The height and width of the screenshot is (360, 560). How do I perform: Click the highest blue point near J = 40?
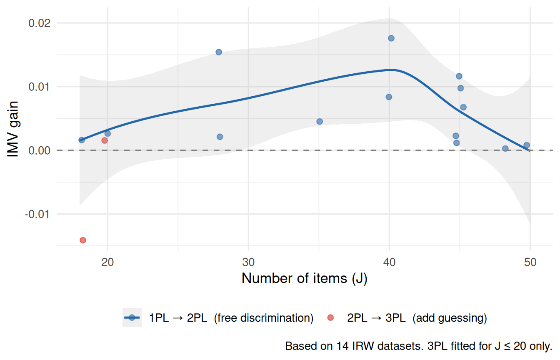[391, 38]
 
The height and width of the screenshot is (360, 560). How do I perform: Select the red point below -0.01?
[83, 240]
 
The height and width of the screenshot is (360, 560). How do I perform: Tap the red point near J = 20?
[105, 140]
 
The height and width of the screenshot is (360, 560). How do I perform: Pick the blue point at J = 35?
[320, 122]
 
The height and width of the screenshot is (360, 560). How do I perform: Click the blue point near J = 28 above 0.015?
[219, 52]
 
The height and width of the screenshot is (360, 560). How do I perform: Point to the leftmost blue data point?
[82, 140]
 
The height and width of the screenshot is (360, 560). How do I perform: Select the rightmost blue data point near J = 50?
[527, 145]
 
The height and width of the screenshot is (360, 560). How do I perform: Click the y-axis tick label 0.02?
[40, 23]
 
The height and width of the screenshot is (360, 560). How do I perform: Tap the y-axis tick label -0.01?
[37, 214]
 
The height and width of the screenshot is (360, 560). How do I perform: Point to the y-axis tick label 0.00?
[40, 150]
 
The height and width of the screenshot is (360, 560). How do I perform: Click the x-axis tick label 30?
[248, 262]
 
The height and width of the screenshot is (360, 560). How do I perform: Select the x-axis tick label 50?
[530, 262]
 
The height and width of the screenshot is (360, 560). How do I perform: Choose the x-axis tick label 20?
[107, 262]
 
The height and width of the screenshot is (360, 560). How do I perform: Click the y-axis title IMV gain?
[13, 129]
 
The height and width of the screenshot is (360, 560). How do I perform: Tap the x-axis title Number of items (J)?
[305, 278]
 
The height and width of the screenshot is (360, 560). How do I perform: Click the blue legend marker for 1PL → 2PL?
[132, 318]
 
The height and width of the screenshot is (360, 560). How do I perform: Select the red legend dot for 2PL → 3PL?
[330, 317]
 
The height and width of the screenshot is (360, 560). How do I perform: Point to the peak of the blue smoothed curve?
[392, 70]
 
